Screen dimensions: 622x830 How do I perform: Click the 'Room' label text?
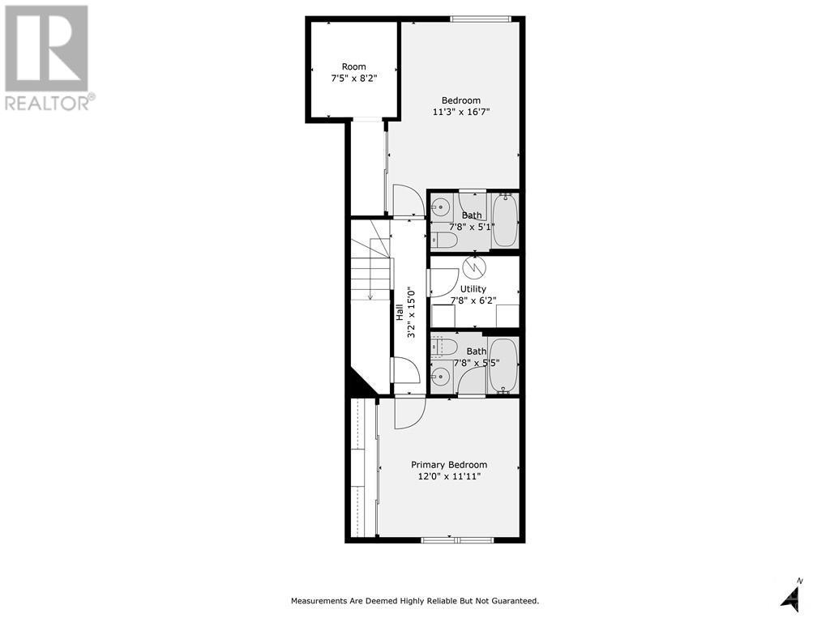(353, 66)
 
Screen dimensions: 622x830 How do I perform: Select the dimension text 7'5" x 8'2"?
(353, 79)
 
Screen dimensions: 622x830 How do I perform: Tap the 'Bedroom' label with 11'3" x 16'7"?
(460, 100)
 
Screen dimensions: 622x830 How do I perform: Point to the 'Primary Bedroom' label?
(449, 465)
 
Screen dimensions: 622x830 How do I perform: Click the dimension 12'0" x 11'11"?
(449, 476)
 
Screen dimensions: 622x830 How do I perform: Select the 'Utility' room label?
(473, 289)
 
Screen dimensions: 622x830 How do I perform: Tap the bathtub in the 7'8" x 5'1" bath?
(505, 221)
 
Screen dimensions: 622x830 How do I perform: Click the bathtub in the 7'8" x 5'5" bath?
(503, 367)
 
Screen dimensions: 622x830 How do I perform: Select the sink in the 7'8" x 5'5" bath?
(440, 375)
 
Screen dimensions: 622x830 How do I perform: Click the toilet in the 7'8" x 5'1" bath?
(444, 240)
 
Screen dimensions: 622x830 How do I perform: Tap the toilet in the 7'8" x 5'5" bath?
(443, 347)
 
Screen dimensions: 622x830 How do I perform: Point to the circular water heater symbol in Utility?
(472, 265)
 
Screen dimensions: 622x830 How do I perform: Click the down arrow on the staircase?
(370, 295)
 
